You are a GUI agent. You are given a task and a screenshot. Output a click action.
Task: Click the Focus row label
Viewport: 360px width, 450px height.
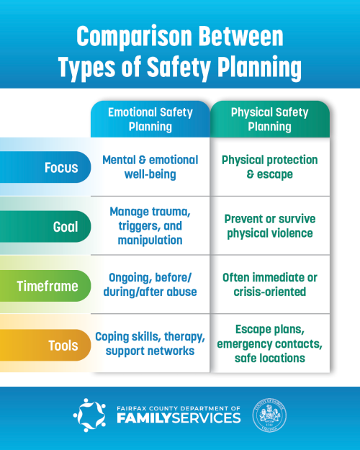tap(61, 167)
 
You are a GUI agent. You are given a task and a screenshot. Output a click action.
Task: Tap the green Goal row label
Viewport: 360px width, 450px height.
tap(65, 226)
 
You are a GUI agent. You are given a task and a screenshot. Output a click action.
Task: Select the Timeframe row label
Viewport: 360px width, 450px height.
tap(48, 285)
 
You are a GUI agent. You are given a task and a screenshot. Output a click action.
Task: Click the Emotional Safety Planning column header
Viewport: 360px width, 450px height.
tap(150, 120)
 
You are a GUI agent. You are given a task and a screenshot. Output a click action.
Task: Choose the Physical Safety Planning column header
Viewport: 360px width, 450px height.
tap(269, 120)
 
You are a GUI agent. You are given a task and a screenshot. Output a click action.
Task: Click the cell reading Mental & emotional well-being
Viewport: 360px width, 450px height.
tap(150, 167)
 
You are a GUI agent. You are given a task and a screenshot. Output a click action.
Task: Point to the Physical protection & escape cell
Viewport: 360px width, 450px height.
tap(269, 167)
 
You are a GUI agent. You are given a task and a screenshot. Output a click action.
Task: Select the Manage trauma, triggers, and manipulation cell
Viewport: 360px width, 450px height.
tap(150, 225)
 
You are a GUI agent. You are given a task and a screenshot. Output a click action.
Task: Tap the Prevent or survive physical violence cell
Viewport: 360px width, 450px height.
tap(269, 225)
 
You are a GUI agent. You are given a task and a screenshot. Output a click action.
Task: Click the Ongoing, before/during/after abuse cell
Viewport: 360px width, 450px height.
tap(150, 285)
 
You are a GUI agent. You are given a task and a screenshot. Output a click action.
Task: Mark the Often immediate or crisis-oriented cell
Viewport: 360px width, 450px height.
tap(269, 285)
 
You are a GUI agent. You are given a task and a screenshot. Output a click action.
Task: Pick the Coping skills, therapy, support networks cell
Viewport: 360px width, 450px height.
tap(150, 344)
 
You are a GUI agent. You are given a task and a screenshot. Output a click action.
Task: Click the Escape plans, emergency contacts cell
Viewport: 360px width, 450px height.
tap(269, 344)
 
